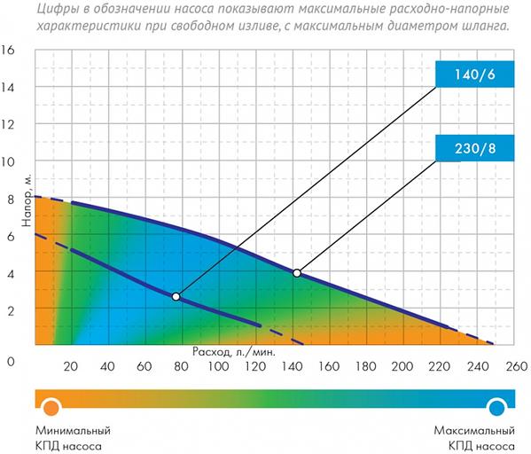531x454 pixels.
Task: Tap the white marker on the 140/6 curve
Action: [x=176, y=296]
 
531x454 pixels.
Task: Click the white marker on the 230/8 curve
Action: [x=297, y=273]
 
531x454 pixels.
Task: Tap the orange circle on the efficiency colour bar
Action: [x=51, y=406]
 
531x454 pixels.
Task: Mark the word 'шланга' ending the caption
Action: [x=484, y=26]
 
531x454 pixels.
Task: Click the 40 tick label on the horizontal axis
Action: [x=107, y=367]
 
